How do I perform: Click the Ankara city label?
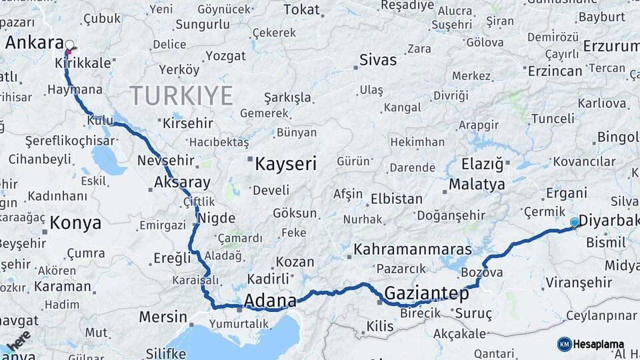(33, 43)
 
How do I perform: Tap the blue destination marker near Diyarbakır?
(575, 223)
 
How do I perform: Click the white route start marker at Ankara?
(69, 45)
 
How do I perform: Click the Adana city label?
(270, 301)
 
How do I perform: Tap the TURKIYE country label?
(181, 95)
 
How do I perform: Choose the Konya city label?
(75, 223)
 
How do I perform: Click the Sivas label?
(378, 60)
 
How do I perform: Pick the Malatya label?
(477, 184)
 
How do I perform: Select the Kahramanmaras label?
(413, 249)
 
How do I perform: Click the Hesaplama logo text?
(599, 345)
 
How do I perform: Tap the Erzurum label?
(611, 46)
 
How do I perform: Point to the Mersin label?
(163, 317)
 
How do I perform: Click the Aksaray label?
(182, 182)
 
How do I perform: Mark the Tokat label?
(301, 9)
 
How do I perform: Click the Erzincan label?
(555, 71)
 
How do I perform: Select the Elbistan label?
(396, 199)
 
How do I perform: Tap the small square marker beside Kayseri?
(250, 159)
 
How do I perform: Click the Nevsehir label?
(165, 161)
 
